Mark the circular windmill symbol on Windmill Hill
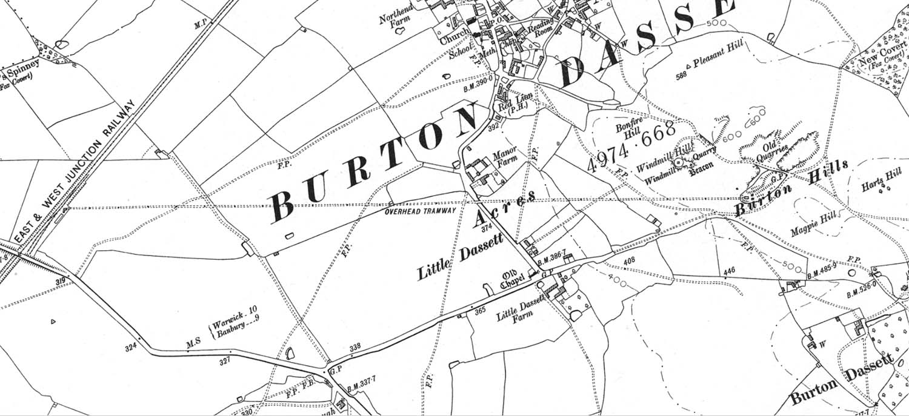click(x=680, y=162)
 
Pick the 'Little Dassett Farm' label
click(x=520, y=309)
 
